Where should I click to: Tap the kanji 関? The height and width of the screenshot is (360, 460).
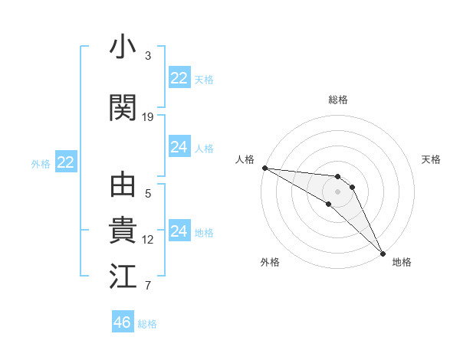coord(123,108)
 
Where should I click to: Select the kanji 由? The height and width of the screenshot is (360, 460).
coord(123,186)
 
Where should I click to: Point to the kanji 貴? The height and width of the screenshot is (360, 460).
coord(123,231)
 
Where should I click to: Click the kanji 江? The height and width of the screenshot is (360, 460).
coord(123,277)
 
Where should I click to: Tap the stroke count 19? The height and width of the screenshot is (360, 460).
coord(148,117)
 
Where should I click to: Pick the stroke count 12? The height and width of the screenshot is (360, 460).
coord(148,240)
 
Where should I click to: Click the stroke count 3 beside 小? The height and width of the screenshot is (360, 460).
coord(148,56)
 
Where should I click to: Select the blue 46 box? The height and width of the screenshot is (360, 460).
coord(123,322)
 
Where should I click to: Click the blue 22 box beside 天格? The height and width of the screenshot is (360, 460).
coord(179,78)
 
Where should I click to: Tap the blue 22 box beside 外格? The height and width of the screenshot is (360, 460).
coord(66,162)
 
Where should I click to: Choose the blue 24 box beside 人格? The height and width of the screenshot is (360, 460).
coord(179,147)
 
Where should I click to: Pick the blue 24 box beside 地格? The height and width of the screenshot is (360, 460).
coord(179,231)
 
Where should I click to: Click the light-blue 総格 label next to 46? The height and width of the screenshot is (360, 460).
coord(147,324)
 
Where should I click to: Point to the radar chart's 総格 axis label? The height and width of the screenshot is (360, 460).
coord(338,100)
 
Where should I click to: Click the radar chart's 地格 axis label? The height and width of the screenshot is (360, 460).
coord(402,262)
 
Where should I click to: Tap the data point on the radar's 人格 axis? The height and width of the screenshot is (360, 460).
coord(264,168)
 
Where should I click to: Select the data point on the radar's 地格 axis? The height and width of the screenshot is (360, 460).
coord(382,253)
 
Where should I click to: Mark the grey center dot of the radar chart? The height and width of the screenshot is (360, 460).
coord(338,191)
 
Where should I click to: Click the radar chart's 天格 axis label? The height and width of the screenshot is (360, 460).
coord(432,159)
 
